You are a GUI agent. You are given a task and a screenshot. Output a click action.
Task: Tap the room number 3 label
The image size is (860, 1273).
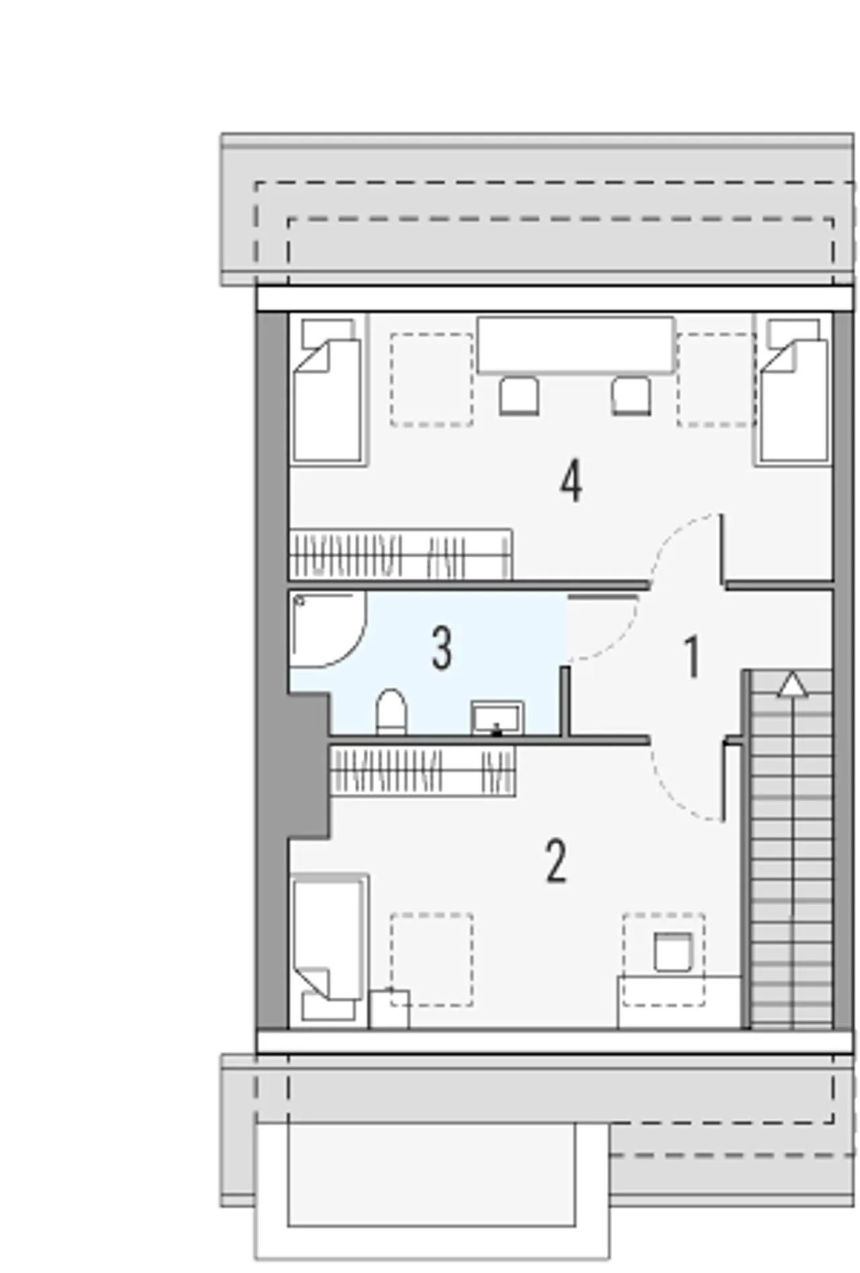[441, 649]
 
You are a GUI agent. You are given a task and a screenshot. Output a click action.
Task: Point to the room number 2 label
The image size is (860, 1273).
[556, 861]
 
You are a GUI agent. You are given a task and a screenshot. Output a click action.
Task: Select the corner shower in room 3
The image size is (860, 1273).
[327, 630]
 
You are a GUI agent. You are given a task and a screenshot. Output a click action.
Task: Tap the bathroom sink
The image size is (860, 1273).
[497, 717]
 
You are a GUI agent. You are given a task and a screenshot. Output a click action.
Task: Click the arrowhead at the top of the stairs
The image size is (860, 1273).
[793, 684]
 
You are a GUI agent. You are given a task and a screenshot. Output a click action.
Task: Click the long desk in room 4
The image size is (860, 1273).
[576, 345]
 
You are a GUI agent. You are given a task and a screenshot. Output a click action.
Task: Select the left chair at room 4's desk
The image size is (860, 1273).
[519, 396]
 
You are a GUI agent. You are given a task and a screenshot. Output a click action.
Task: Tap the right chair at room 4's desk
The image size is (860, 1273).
[632, 396]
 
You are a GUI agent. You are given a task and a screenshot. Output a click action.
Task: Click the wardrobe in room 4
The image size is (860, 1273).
[400, 555]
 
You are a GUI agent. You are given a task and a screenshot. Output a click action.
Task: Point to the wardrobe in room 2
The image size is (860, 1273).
[423, 771]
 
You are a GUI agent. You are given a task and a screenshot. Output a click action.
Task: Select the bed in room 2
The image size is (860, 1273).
[329, 950]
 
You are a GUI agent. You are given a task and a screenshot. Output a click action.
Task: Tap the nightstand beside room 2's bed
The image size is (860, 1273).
[389, 1008]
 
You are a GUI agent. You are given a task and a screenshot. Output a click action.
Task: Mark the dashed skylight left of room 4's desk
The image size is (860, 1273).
[431, 380]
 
